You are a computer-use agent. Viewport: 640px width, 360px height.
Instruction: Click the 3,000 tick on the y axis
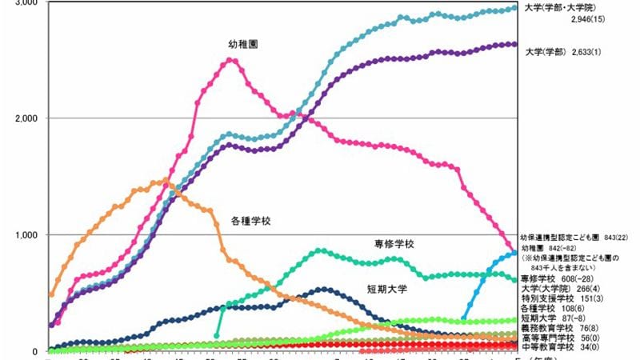coord(23,4)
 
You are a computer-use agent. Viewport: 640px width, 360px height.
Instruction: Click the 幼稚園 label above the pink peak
coord(242,43)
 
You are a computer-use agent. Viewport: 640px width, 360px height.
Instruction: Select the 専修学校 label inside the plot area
coord(397,243)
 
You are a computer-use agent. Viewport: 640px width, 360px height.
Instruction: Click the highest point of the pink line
coord(231,60)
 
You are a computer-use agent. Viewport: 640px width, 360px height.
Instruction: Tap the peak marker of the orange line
coord(166,179)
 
